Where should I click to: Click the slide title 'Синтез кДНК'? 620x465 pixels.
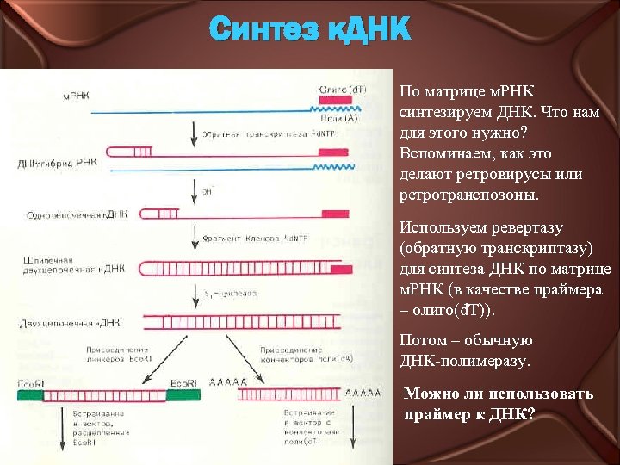tap(311, 31)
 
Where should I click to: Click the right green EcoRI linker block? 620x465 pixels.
tap(184, 396)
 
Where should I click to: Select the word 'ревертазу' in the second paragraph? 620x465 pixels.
tap(525, 228)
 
